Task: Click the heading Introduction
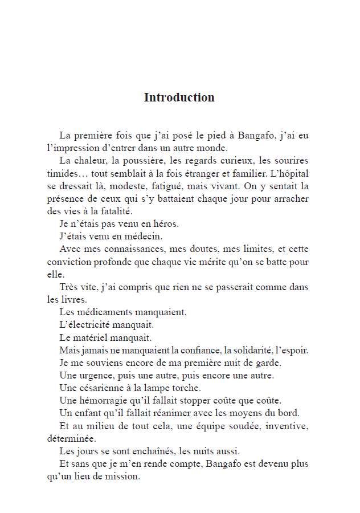click(179, 97)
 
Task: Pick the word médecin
click(146, 236)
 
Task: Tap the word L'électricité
click(86, 325)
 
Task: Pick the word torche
click(187, 388)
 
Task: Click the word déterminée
click(71, 439)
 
